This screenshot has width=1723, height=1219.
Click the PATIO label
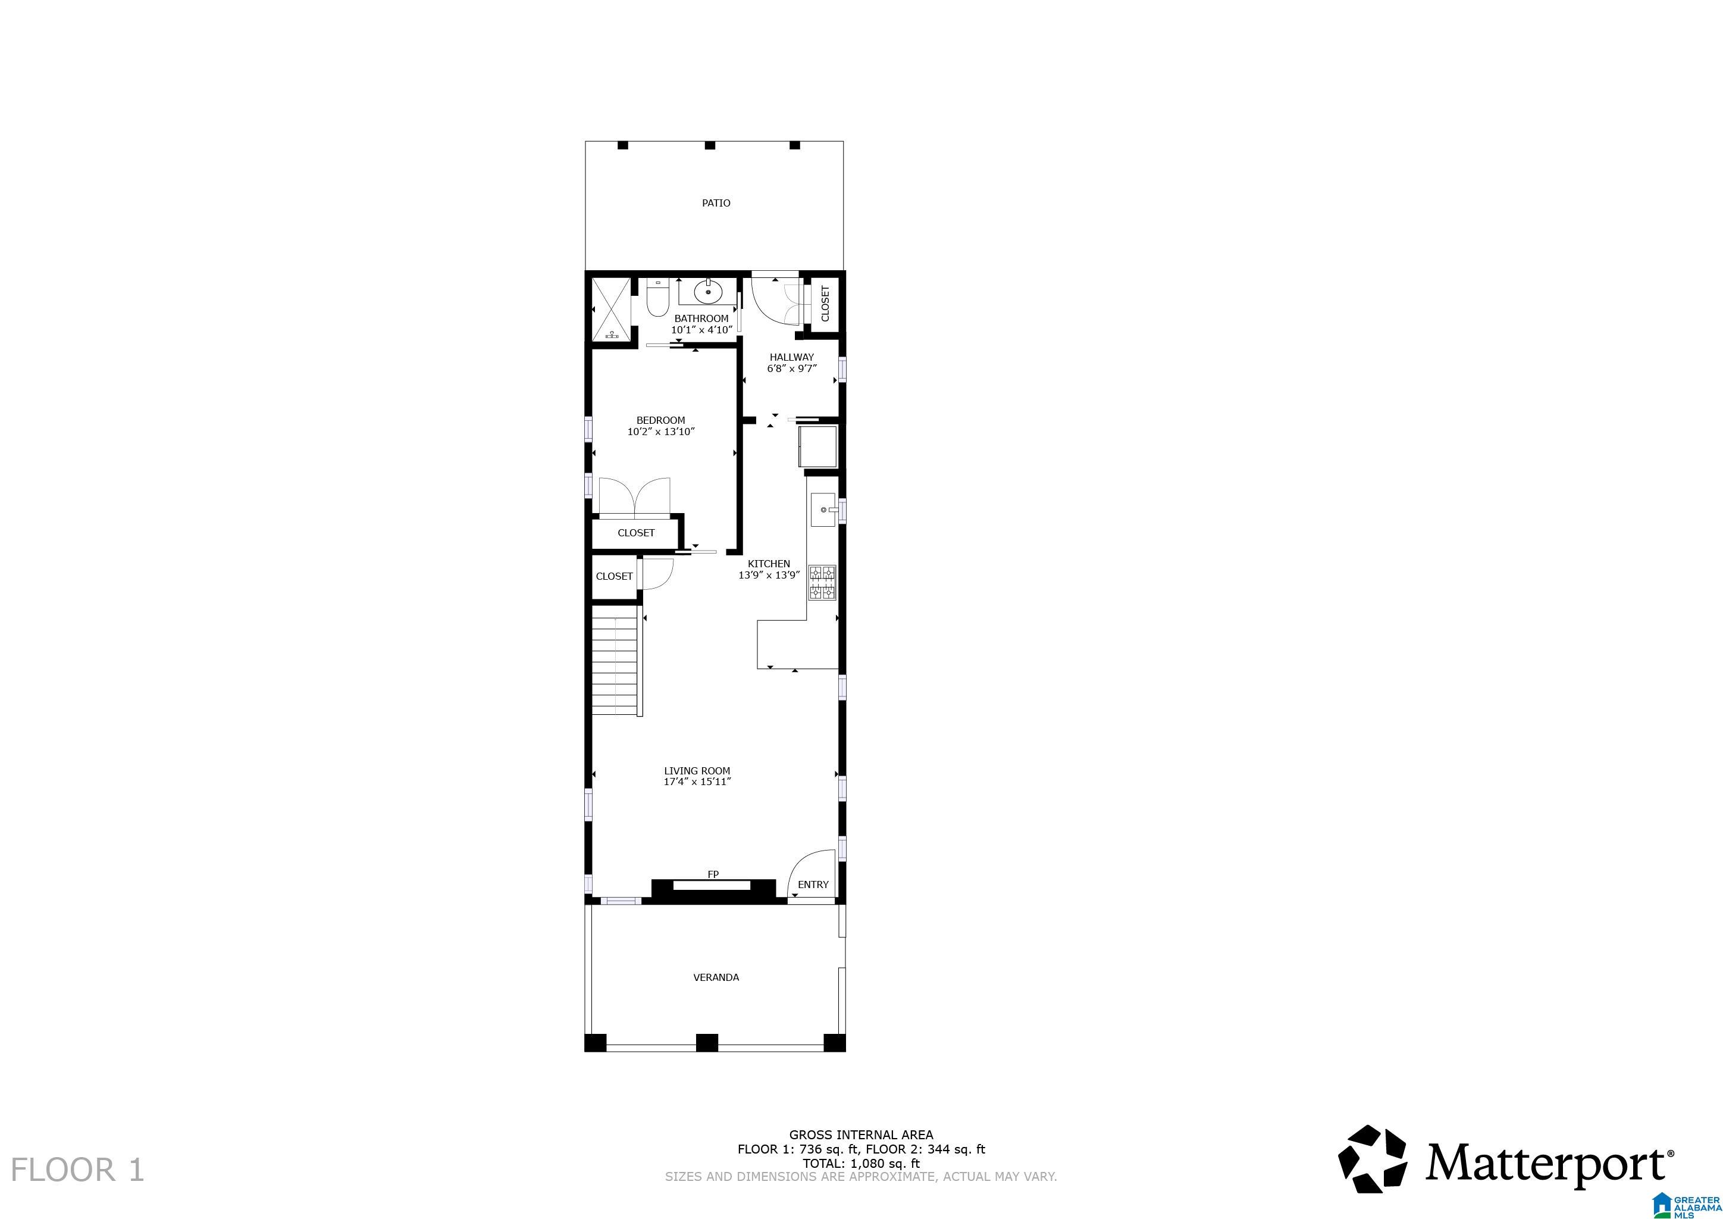[x=715, y=202]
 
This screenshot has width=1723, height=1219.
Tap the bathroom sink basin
[x=707, y=290]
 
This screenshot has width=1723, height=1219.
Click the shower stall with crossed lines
[x=611, y=308]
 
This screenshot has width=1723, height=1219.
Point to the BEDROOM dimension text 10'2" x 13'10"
[x=660, y=432]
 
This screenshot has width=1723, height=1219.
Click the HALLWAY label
[x=791, y=357]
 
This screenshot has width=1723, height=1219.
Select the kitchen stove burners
[x=822, y=583]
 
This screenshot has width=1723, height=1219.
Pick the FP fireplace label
[x=713, y=874]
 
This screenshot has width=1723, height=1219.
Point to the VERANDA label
[x=715, y=977]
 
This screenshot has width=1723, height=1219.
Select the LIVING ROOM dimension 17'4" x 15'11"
[x=697, y=782]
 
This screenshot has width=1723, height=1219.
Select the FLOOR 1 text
[x=77, y=1170]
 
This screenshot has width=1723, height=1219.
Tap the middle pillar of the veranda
[x=706, y=1043]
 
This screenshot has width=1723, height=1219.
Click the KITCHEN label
[x=769, y=564]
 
